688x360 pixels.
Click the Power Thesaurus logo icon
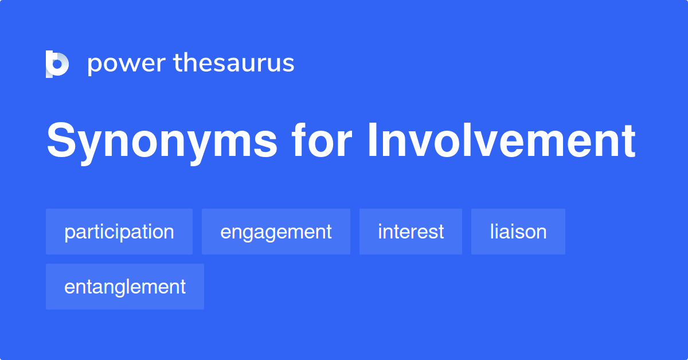(57, 64)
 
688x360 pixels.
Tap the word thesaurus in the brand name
(234, 63)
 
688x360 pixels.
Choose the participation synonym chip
(119, 232)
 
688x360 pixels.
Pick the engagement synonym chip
(276, 232)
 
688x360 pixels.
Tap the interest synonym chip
(411, 232)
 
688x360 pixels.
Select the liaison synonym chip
(518, 232)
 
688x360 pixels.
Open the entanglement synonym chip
(125, 287)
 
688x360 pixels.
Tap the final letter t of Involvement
(627, 141)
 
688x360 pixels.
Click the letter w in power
(126, 64)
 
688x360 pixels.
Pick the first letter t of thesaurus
(178, 63)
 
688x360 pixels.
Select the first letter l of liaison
(492, 232)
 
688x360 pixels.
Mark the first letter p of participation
(68, 233)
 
